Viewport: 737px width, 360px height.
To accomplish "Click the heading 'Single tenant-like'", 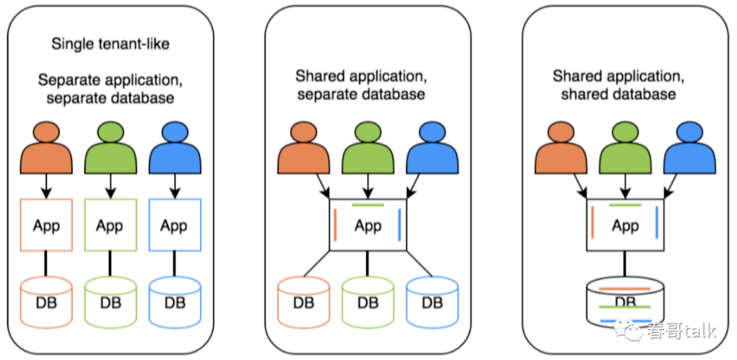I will click(110, 44).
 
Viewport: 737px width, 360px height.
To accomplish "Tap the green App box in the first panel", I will click(110, 226).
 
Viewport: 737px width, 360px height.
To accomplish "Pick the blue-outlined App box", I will click(174, 226).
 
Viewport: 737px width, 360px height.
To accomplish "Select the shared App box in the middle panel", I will click(368, 226).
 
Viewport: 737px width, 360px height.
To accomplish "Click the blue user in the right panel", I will click(689, 148).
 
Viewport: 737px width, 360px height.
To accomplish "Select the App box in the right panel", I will click(625, 226).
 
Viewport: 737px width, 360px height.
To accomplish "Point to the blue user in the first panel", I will click(174, 148).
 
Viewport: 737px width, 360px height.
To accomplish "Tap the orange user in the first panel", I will click(46, 148).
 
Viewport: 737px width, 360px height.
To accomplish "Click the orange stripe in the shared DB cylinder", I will click(625, 288).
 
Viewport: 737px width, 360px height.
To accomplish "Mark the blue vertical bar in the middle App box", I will click(400, 226).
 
